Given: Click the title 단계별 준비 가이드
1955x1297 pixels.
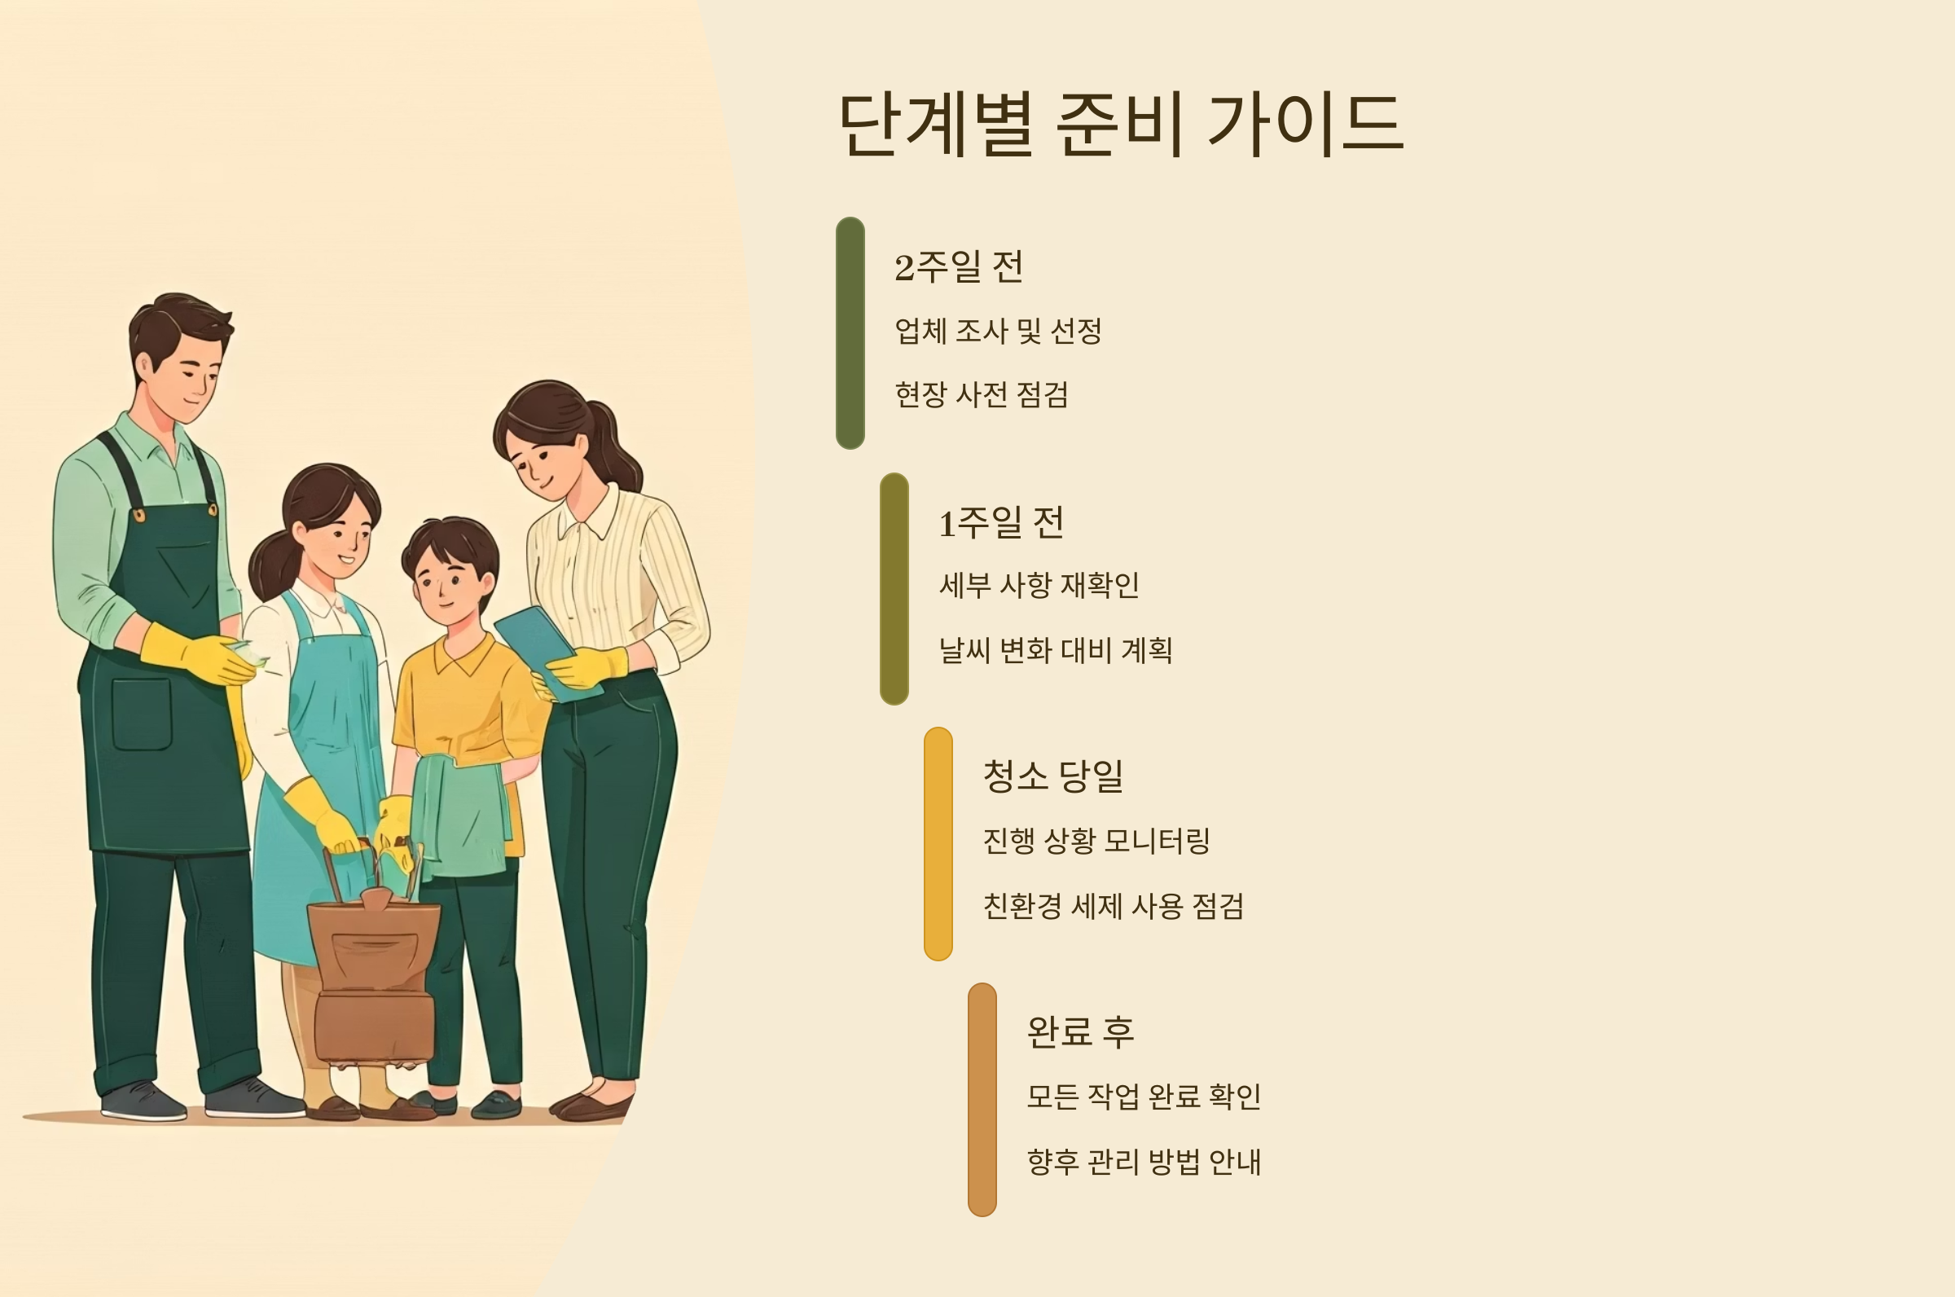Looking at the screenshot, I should coord(1120,124).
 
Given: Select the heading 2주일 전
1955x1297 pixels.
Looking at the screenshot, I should coord(959,267).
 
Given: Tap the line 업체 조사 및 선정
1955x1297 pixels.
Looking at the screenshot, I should coord(997,331).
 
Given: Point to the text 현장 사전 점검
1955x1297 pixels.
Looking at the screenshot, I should coord(981,394).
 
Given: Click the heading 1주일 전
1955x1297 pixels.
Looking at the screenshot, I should coord(1000,523).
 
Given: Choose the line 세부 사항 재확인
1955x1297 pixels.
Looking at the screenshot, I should coord(1039,586).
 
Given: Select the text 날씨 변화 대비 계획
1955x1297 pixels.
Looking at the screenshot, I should coord(1055,650).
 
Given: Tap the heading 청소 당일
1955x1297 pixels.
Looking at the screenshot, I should coord(1052,776).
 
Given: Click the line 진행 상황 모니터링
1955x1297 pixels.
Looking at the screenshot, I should coord(1096,842).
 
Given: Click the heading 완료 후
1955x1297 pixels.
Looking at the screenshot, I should coord(1080,1032).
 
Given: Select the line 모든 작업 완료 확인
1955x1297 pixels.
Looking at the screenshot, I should coord(1143,1097).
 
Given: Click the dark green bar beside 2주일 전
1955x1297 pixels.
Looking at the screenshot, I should coord(850,333).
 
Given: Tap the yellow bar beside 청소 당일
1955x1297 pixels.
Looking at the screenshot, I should coord(938,844).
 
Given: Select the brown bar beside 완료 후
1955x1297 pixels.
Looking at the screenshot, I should coord(982,1099).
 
